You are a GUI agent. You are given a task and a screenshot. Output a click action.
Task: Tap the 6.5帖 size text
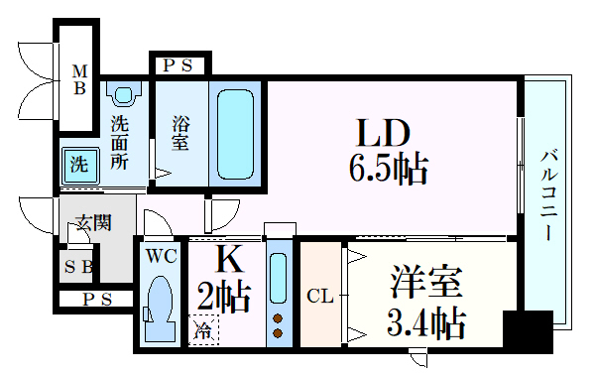pyautogui.click(x=388, y=170)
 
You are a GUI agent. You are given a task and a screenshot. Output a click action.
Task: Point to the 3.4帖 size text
pyautogui.click(x=425, y=323)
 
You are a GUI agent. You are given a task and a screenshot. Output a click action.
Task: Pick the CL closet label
pyautogui.click(x=319, y=296)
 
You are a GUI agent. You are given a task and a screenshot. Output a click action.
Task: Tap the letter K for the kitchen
pyautogui.click(x=228, y=260)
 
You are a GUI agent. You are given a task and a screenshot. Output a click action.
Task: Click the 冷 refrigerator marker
pyautogui.click(x=203, y=328)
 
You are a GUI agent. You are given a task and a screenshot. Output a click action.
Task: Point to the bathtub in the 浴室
pyautogui.click(x=236, y=133)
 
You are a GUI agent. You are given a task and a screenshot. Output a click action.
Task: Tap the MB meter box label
pyautogui.click(x=79, y=79)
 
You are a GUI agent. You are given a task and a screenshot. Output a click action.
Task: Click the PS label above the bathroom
pyautogui.click(x=178, y=66)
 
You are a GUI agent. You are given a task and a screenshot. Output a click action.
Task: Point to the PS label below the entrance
pyautogui.click(x=95, y=300)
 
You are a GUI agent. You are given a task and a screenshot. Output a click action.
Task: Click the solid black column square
pyautogui.click(x=526, y=328)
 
